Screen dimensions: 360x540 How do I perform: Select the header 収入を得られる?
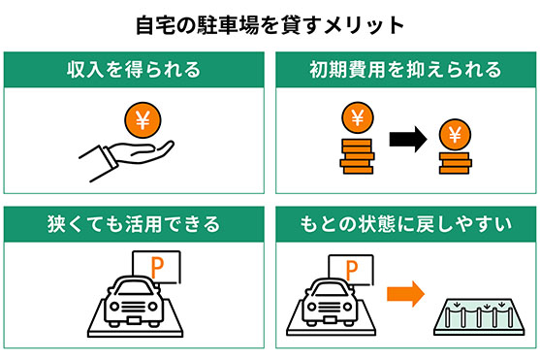pyautogui.click(x=134, y=70)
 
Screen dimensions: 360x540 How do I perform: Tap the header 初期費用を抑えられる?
pyautogui.click(x=405, y=70)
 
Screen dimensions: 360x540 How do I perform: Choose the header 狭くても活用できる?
pyautogui.click(x=134, y=225)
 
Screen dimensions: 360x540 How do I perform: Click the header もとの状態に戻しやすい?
pyautogui.click(x=405, y=225)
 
